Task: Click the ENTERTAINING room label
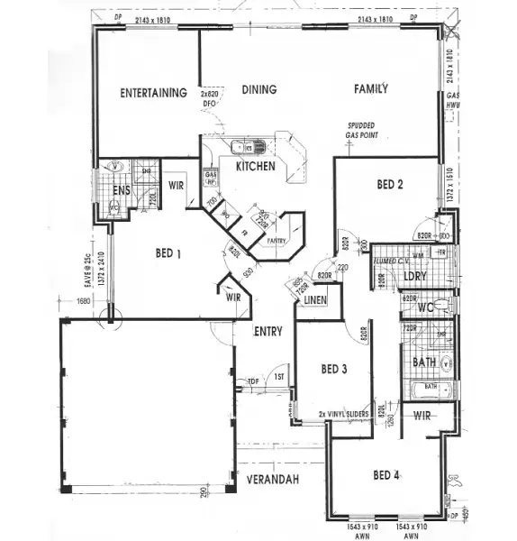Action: tap(154, 93)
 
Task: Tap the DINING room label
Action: tap(258, 89)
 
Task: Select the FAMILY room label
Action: tap(370, 88)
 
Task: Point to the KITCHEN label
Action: tap(255, 167)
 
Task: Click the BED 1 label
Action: tap(168, 253)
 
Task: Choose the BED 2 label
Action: tap(389, 185)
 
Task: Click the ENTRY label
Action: tap(268, 331)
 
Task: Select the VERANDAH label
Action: tap(267, 478)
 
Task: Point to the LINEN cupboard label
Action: tap(314, 299)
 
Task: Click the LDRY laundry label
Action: tap(415, 276)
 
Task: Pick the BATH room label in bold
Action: tap(423, 362)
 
